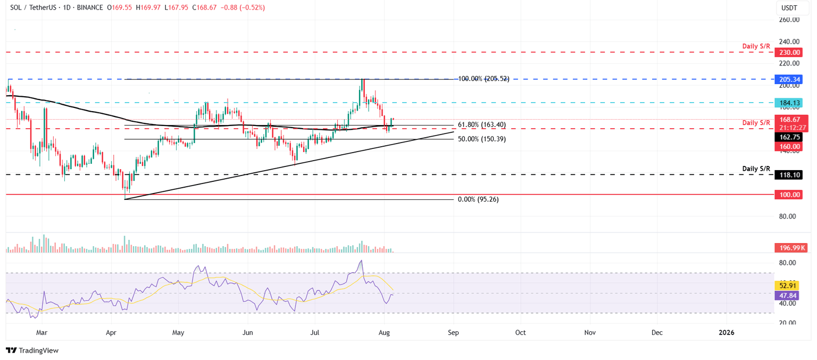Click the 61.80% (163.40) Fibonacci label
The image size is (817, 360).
(x=481, y=125)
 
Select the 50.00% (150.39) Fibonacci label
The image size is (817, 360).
(x=481, y=139)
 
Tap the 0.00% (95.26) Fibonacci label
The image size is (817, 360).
(x=478, y=199)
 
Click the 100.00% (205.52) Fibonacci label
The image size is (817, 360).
(x=483, y=79)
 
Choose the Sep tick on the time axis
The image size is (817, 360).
(x=453, y=333)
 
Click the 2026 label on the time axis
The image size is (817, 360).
(x=726, y=333)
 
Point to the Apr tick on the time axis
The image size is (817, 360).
(x=112, y=333)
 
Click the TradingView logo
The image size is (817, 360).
(x=32, y=350)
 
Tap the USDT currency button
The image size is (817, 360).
(x=789, y=8)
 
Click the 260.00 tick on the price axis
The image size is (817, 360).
(x=789, y=20)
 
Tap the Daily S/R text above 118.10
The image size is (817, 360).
(x=756, y=169)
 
